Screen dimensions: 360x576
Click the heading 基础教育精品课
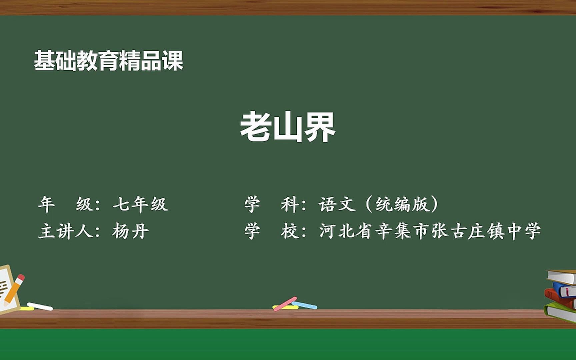(x=108, y=61)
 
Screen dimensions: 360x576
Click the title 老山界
(x=288, y=127)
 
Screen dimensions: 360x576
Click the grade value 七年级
(x=140, y=204)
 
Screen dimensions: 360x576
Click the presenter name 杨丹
(x=130, y=231)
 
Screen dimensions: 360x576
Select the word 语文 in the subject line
(x=337, y=204)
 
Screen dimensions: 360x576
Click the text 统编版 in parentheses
(x=401, y=204)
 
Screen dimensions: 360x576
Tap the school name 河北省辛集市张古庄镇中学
(x=430, y=231)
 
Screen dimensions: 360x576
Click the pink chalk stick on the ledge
(x=285, y=304)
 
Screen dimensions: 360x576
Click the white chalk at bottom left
(x=40, y=306)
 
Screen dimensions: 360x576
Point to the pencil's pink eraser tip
(x=21, y=277)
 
